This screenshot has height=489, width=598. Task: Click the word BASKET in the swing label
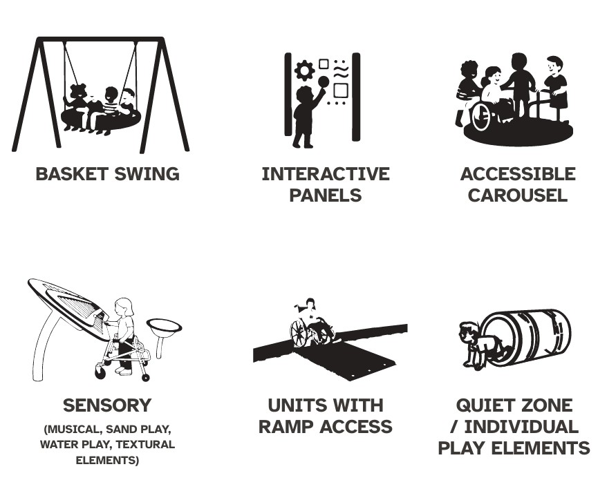tap(72, 174)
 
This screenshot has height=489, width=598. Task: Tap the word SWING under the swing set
tap(147, 174)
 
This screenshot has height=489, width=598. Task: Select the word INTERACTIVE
tap(326, 174)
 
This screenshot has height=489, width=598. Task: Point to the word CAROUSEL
tap(518, 195)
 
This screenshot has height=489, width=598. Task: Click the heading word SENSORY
tap(107, 405)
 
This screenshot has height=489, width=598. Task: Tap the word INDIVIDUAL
tap(521, 426)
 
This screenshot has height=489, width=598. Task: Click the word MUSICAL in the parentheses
tap(73, 430)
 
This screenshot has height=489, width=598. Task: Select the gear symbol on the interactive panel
tap(305, 70)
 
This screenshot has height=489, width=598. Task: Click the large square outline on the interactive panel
tap(341, 90)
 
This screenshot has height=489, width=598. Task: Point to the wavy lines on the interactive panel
tap(341, 72)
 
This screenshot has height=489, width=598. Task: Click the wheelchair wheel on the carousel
tap(481, 116)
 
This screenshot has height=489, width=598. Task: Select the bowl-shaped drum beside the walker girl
tap(164, 328)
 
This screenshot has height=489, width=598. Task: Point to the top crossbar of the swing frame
tap(101, 39)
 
